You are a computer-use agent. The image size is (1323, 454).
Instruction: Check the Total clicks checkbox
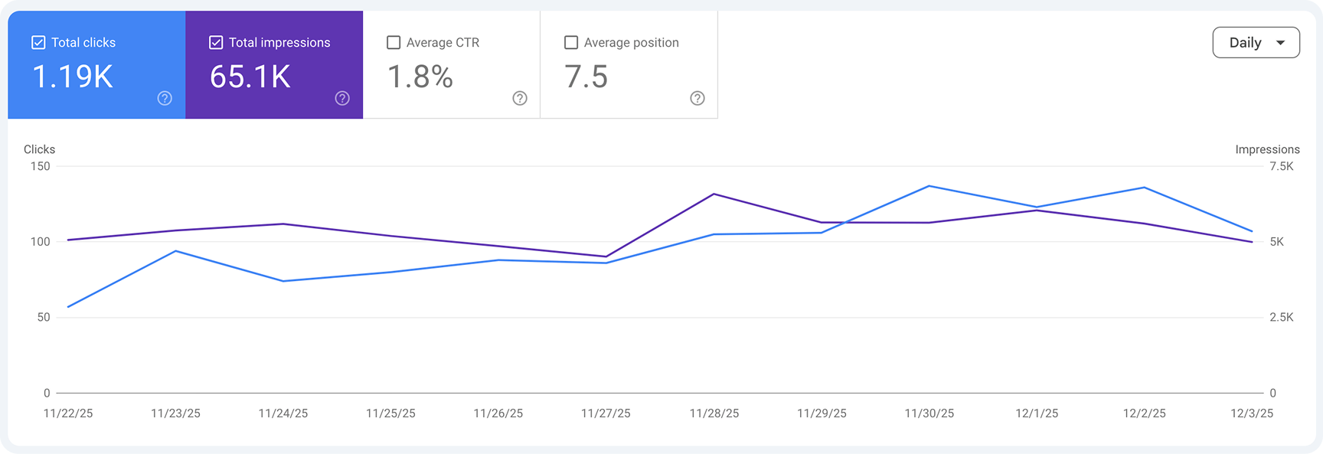click(x=38, y=43)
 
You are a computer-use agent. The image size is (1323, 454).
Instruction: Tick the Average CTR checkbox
click(x=394, y=43)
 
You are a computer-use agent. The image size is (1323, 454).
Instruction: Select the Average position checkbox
click(x=571, y=43)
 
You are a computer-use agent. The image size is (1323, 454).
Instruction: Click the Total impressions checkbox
click(x=216, y=43)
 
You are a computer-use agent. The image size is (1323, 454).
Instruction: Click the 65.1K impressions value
click(x=250, y=77)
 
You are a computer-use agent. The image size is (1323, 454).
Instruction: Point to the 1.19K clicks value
click(x=73, y=77)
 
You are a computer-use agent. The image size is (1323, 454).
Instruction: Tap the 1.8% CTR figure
click(x=420, y=77)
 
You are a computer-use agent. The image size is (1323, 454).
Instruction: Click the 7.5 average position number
click(x=586, y=77)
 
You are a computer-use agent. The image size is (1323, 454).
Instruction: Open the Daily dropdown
click(x=1256, y=43)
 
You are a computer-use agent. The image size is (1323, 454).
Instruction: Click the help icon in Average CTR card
click(x=520, y=98)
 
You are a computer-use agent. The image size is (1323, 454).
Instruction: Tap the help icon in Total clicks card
click(x=165, y=98)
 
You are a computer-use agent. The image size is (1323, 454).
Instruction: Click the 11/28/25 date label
click(x=714, y=413)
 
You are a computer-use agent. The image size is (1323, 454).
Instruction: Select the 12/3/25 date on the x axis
click(x=1251, y=413)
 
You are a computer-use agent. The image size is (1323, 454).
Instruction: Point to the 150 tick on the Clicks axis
click(x=40, y=166)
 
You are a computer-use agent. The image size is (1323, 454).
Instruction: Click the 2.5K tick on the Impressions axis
click(x=1281, y=317)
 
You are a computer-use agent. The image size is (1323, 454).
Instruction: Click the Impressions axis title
click(x=1267, y=149)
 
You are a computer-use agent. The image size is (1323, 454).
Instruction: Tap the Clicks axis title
click(x=39, y=149)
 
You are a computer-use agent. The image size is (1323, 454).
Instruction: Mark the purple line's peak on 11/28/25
click(x=714, y=194)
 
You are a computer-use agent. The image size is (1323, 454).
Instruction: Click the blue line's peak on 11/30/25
click(x=929, y=186)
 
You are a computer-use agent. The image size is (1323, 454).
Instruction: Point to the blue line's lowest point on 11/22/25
click(x=68, y=307)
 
